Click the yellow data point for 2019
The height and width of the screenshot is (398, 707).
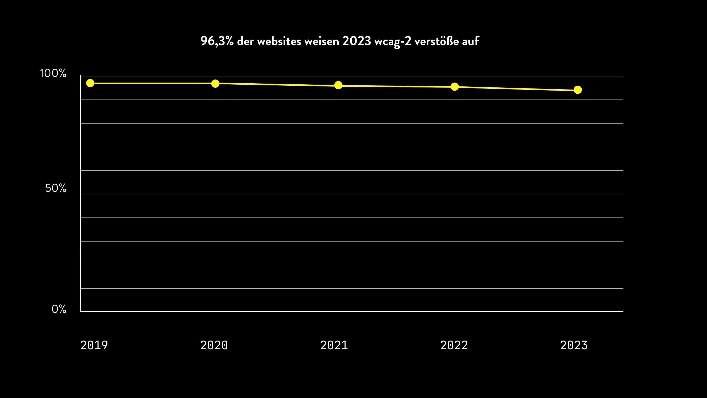[90, 83]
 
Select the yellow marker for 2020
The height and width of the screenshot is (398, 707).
[215, 83]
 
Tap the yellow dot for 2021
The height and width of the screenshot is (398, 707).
[338, 85]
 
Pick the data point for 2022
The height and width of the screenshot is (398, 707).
[455, 87]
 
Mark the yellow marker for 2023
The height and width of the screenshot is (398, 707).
[578, 90]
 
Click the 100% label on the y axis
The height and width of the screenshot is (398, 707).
[53, 74]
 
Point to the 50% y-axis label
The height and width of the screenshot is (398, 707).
[56, 188]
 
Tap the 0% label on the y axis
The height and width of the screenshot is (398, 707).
[59, 309]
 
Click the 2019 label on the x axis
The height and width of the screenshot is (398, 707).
[94, 345]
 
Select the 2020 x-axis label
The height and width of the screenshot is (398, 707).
[214, 345]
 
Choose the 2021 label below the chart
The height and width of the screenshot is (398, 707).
[334, 345]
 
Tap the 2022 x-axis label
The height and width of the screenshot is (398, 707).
[454, 345]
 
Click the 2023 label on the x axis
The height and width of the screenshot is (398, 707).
[574, 345]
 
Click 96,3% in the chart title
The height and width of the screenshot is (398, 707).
[217, 42]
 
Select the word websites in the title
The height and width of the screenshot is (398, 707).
[279, 42]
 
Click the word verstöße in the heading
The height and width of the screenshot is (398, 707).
[436, 42]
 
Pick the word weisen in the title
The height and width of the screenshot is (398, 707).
[322, 42]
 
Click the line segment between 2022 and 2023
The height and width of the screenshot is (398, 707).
[516, 88]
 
